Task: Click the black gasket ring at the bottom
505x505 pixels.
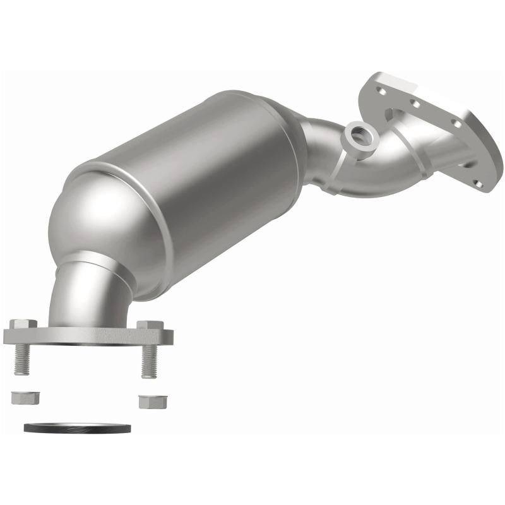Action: [77, 428]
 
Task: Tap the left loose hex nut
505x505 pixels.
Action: [25, 398]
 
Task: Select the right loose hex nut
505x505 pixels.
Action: [150, 401]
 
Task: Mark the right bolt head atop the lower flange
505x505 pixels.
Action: [150, 326]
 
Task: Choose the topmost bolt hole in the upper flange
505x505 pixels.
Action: [381, 90]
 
